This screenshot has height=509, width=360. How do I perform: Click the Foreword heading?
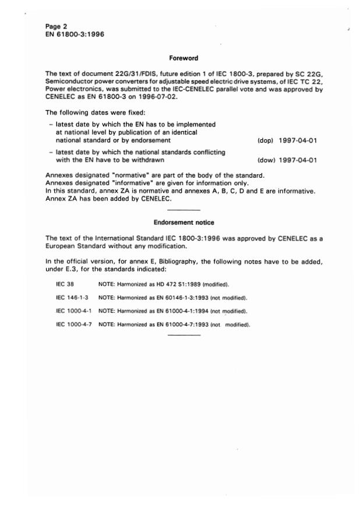183,58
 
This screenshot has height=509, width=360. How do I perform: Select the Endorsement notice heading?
183,222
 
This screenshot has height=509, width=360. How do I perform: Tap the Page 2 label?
56,26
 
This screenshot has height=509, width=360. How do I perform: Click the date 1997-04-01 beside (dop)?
298,140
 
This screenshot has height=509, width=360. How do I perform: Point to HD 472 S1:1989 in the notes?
170,285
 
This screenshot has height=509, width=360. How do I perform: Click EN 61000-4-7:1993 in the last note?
176,324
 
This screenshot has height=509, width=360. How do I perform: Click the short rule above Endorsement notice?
183,210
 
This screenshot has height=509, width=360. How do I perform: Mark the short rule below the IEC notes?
183,335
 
